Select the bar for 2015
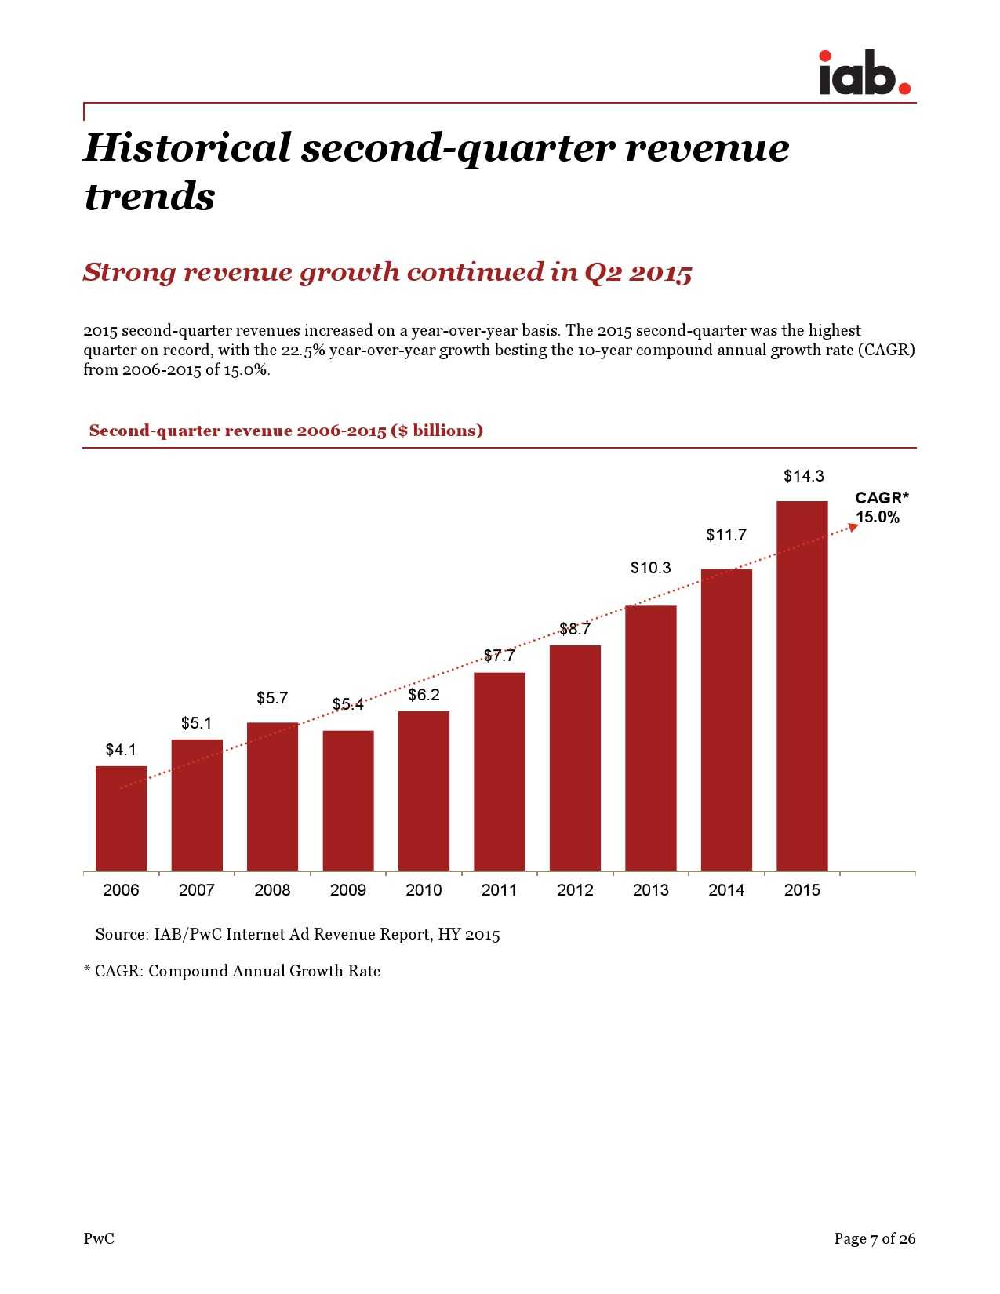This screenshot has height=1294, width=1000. (802, 685)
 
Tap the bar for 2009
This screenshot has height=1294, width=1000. (347, 800)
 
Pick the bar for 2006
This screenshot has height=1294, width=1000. (121, 818)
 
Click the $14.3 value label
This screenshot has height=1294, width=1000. (803, 476)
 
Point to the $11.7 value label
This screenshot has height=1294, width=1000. (725, 535)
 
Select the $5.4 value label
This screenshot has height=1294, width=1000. (347, 704)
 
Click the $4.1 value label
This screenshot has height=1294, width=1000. (121, 750)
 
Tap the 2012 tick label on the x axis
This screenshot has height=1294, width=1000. (575, 890)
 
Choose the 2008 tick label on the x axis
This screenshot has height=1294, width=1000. (272, 890)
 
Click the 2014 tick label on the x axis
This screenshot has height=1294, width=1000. (726, 890)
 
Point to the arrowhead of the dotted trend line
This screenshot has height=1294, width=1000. (854, 527)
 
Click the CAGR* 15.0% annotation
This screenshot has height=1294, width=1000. (880, 507)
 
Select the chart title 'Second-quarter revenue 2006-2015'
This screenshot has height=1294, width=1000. (285, 431)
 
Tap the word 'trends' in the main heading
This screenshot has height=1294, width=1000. (149, 196)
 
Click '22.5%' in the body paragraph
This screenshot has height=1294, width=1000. (303, 350)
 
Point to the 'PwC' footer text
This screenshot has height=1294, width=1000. (99, 1238)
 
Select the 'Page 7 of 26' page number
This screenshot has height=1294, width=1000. (874, 1238)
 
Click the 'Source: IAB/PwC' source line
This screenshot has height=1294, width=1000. (297, 934)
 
